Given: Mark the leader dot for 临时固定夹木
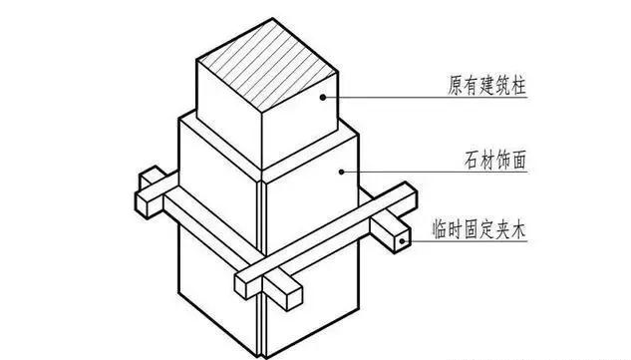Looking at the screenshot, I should pyautogui.click(x=400, y=240).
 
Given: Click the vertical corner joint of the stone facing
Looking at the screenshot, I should pyautogui.click(x=261, y=259).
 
